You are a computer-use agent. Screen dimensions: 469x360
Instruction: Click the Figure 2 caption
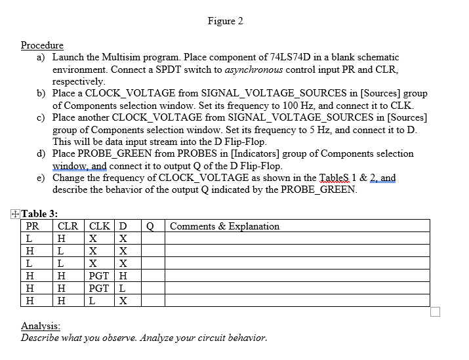225,21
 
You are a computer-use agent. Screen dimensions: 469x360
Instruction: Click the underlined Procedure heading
42,45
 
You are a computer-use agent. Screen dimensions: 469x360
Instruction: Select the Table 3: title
39,213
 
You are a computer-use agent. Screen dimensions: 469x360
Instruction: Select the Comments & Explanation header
224,226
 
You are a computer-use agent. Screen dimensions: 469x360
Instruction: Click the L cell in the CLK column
92,301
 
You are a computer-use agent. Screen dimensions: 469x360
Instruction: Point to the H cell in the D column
123,276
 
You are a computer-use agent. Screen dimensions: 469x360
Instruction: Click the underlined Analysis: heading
41,326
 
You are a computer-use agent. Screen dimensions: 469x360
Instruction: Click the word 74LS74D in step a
290,58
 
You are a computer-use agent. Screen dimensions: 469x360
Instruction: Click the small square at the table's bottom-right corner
436,311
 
